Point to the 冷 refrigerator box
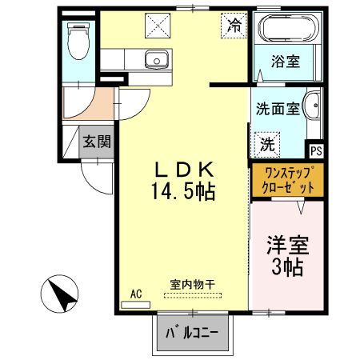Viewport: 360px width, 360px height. (x=233, y=25)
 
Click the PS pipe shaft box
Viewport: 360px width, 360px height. (x=316, y=149)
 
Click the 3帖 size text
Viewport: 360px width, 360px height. (x=286, y=267)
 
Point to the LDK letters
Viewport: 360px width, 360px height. (x=183, y=170)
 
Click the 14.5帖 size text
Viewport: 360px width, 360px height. (x=183, y=192)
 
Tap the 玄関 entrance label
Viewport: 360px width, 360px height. (x=97, y=142)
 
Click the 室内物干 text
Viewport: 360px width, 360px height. (x=192, y=285)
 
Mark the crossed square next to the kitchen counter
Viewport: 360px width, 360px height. (x=153, y=26)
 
